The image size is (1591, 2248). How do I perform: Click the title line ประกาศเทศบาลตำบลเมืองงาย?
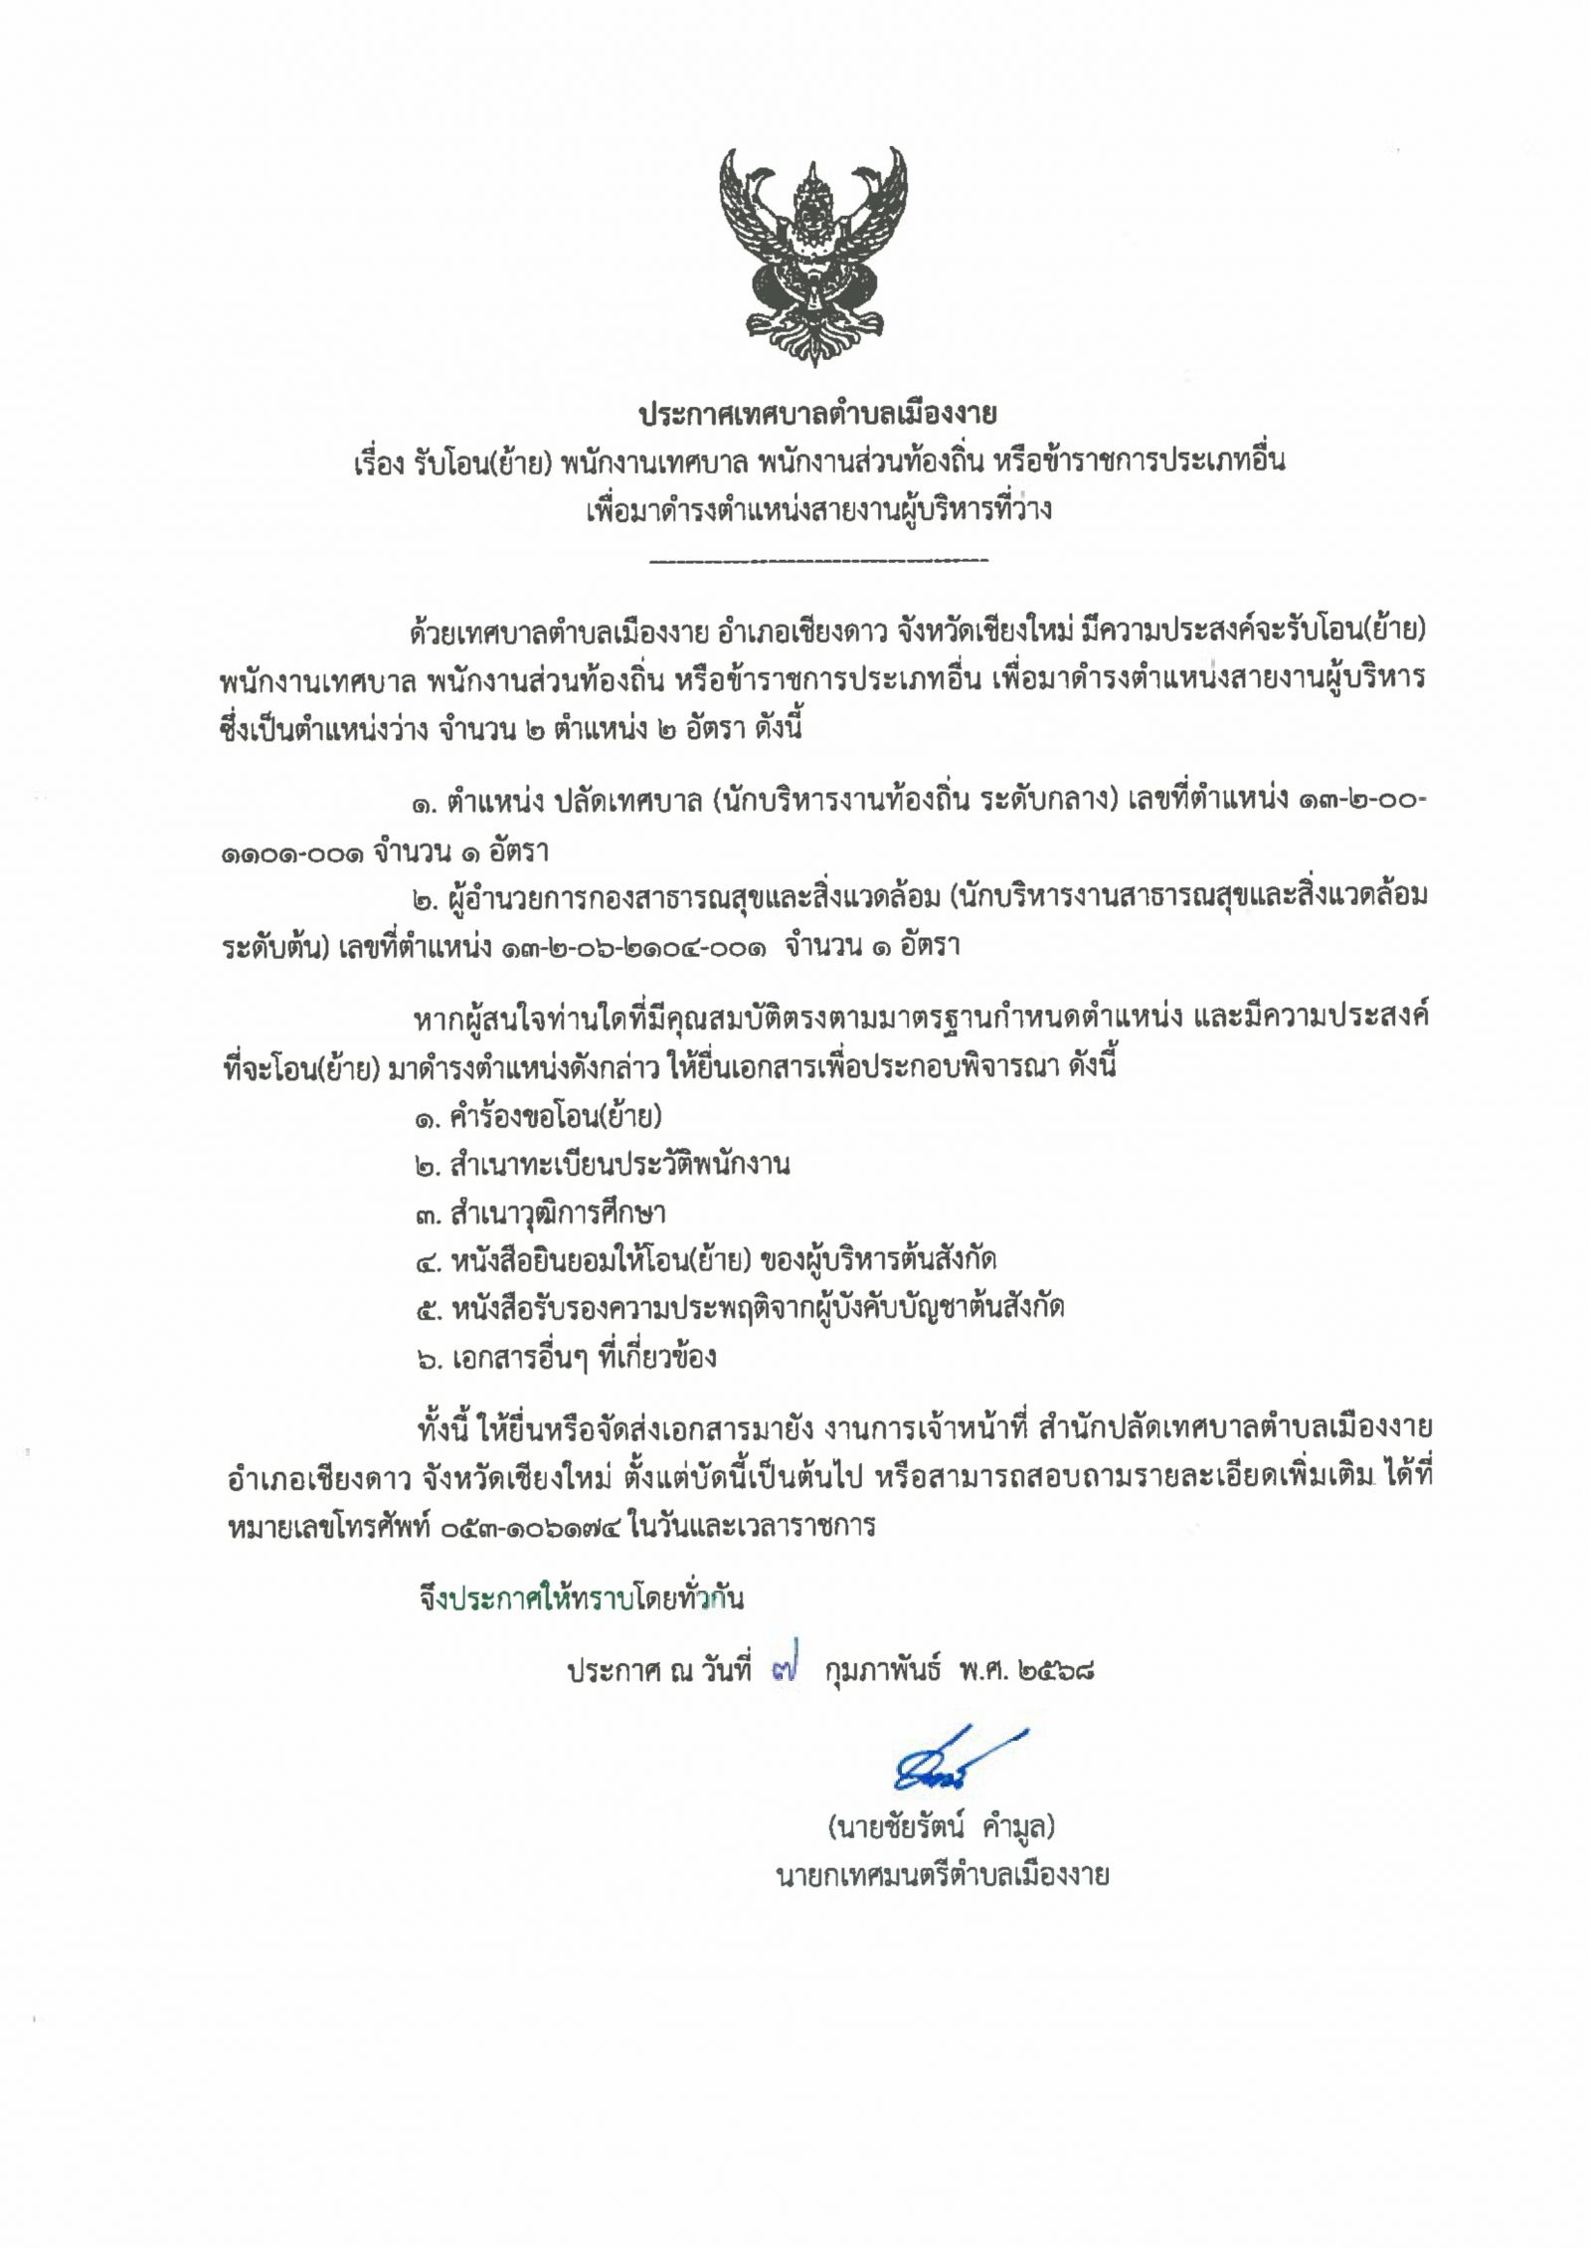point(817,414)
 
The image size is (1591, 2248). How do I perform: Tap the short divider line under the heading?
point(817,561)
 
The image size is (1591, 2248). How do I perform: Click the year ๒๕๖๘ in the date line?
point(1056,1671)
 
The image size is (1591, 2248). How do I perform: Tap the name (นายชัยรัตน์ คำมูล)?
point(941,1827)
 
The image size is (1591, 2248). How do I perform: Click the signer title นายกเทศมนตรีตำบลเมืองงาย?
point(942,1876)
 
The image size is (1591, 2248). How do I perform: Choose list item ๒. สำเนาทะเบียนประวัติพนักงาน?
point(603,1165)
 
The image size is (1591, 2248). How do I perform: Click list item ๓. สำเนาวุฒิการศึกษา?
point(541,1214)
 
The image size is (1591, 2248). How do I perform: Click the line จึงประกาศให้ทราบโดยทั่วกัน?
point(581,1598)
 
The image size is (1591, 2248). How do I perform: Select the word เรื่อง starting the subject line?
point(378,463)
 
